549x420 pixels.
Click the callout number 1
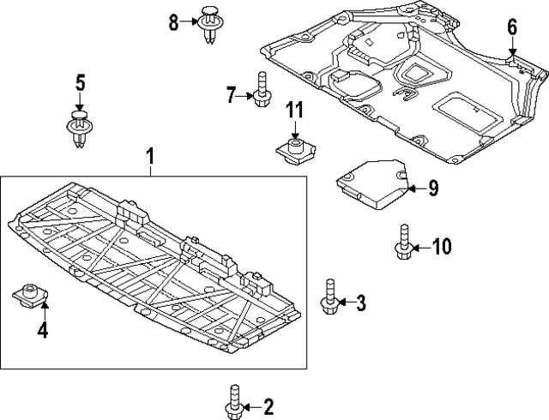[150, 157]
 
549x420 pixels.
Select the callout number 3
[360, 302]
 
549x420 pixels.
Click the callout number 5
[80, 83]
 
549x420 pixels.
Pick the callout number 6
[512, 27]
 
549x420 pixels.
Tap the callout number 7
[231, 94]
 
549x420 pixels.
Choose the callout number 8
[174, 22]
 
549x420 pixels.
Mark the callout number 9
[433, 188]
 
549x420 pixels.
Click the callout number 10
[440, 248]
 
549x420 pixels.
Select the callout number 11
[294, 110]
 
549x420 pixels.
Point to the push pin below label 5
[79, 128]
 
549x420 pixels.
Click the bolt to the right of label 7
[262, 90]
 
